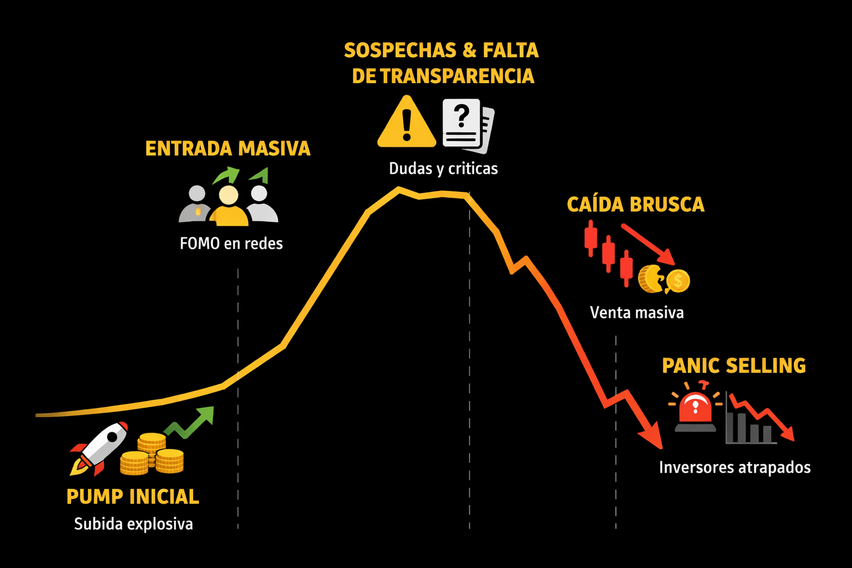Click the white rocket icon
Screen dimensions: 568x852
coord(100,448)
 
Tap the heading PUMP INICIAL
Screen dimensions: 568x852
coord(133,496)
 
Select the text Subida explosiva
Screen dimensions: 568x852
coord(133,524)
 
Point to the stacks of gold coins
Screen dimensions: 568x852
coord(152,455)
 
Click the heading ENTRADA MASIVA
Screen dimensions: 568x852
coord(227,149)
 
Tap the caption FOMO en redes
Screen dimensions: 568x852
coord(231,244)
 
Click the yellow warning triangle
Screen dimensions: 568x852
coord(407,124)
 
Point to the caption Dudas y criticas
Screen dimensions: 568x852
coord(443,169)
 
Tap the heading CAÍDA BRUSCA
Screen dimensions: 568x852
coord(636,205)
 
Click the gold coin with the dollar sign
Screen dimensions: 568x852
coord(678,281)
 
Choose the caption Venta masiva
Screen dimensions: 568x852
coord(637,313)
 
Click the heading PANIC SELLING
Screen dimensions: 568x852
coord(734,366)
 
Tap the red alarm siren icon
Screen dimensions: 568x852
coord(696,410)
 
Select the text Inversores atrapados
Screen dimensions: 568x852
coord(734,468)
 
